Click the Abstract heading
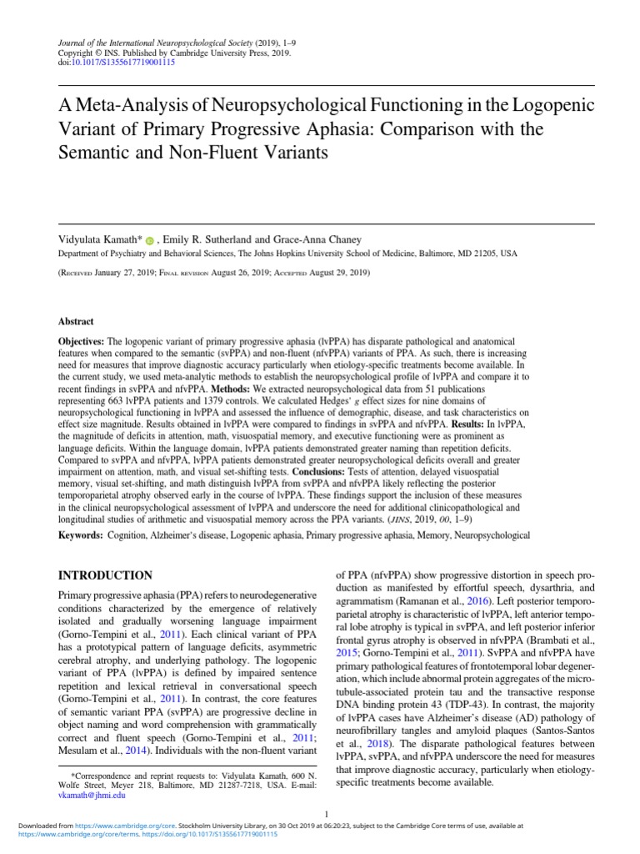[76, 321]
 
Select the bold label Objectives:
[81, 343]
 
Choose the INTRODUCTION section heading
[104, 575]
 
